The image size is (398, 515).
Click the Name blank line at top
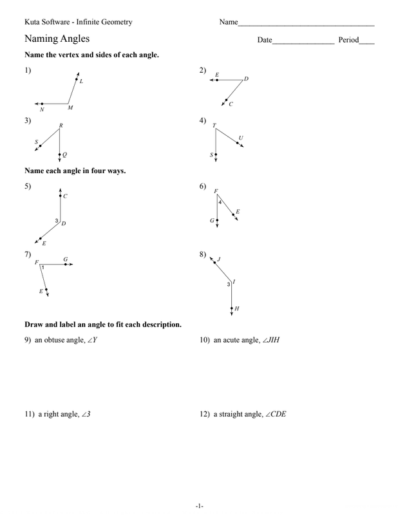(x=306, y=24)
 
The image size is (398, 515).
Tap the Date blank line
(x=303, y=42)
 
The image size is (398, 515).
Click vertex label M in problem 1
(x=70, y=108)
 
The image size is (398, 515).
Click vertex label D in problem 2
(x=246, y=79)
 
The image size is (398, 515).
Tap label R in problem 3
(x=61, y=126)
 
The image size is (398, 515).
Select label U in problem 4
(x=241, y=138)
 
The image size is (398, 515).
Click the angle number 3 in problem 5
(x=57, y=221)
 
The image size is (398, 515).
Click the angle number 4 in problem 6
(x=220, y=203)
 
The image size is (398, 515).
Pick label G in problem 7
(x=65, y=259)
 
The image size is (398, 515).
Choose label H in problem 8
(x=237, y=309)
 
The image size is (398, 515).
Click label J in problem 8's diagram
(x=219, y=259)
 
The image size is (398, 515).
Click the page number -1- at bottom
(x=200, y=506)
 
